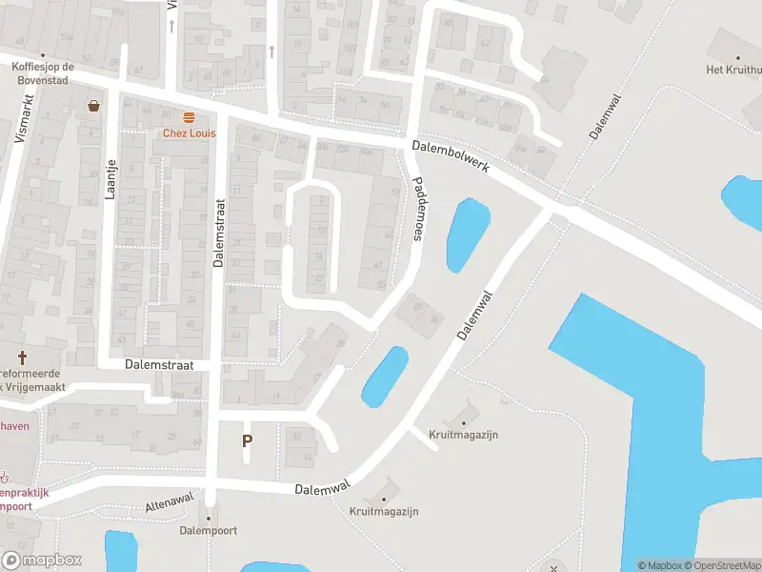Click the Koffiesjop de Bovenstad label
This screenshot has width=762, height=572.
43,73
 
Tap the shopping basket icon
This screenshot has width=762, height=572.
94,106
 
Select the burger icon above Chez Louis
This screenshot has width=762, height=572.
189,117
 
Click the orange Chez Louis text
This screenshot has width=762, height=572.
189,133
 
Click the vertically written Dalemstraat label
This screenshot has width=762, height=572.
218,233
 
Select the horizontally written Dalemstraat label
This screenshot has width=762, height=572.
160,365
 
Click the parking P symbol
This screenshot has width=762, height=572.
248,440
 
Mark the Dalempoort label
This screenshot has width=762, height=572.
209,530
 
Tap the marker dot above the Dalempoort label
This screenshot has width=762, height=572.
210,518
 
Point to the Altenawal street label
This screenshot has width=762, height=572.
168,505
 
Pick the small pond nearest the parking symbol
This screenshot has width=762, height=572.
385,376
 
